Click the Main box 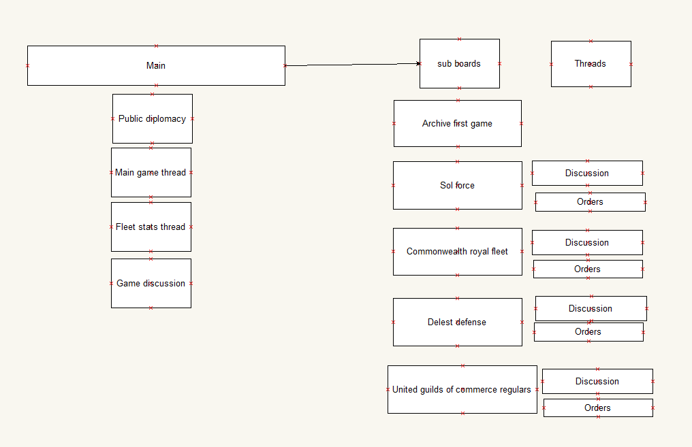156,66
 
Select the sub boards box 460,63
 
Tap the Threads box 591,64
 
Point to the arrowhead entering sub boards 418,63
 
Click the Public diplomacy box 153,118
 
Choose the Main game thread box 151,172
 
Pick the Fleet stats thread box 151,227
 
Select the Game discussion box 151,284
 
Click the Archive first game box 458,123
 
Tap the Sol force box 458,185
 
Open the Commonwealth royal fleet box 458,252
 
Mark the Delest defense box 458,322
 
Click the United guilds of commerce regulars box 462,389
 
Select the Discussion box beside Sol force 587,173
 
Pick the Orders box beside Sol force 591,202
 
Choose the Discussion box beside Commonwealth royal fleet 587,242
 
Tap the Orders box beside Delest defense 588,332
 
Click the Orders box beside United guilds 598,408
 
